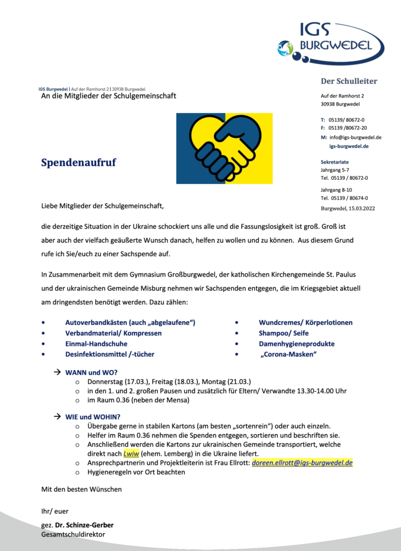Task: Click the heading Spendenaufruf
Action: (x=78, y=163)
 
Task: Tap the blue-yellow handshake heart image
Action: (x=224, y=148)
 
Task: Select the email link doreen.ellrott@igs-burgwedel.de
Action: (x=302, y=462)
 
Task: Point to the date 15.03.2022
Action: (x=360, y=208)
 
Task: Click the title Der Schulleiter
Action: (x=349, y=81)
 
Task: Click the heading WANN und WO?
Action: (x=91, y=372)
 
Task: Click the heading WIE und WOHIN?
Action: (x=93, y=416)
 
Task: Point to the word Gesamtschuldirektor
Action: (x=73, y=534)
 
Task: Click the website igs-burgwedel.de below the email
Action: (x=349, y=146)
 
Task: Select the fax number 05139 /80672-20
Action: (x=348, y=128)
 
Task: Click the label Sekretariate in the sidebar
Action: (x=335, y=161)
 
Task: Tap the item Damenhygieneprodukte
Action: (x=297, y=343)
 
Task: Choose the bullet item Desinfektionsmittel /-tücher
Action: (x=110, y=354)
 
